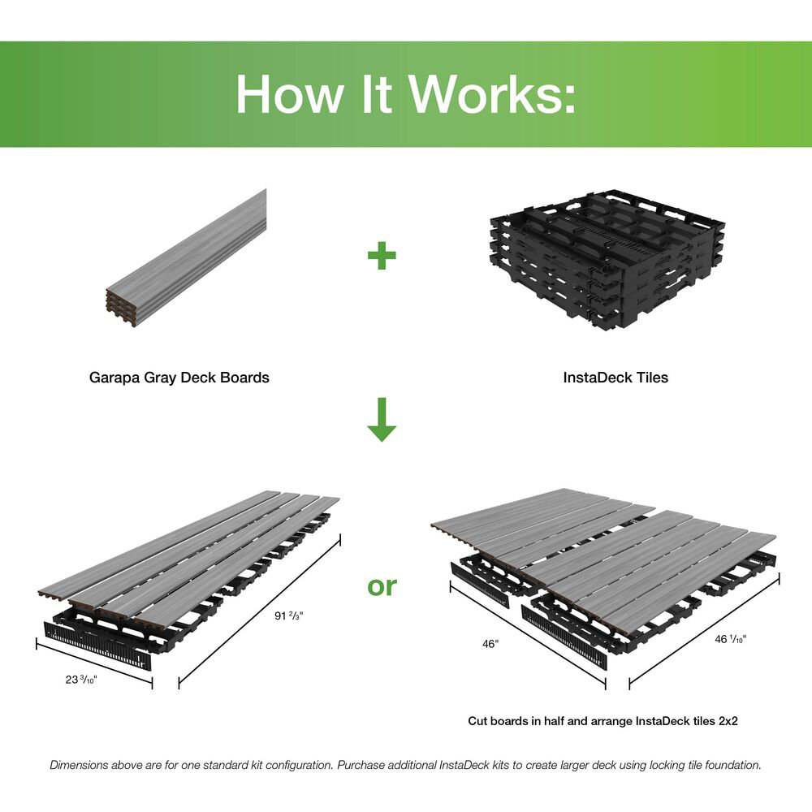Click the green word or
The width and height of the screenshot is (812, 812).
382,585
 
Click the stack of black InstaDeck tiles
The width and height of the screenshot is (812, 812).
608,257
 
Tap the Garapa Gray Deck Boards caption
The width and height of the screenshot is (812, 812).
179,377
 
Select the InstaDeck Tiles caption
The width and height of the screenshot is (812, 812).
615,377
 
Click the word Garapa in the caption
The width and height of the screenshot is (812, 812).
114,377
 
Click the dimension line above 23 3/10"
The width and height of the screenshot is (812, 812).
93,661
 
